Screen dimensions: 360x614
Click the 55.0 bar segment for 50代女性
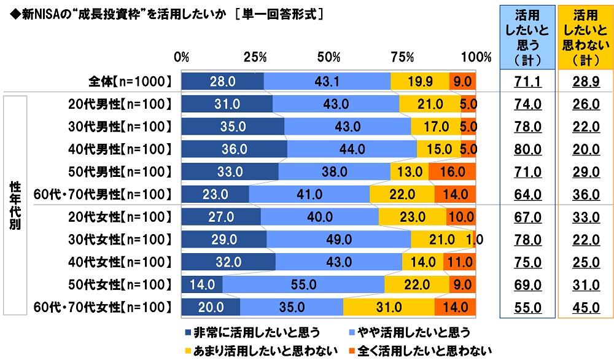[x=304, y=284]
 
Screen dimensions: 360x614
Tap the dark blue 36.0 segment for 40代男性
[x=234, y=149]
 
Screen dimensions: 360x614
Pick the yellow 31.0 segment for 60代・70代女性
[x=389, y=307]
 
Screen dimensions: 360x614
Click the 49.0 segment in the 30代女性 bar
[x=338, y=239]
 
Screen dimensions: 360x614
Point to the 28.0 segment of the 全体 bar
[x=222, y=80]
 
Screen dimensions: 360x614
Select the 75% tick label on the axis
[x=402, y=57]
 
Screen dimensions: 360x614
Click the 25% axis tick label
[x=255, y=57]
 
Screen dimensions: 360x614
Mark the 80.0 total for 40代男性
[x=528, y=149]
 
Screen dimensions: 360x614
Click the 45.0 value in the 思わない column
[x=586, y=308]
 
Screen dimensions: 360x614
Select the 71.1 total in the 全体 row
[x=528, y=81]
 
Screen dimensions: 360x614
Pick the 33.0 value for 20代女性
[x=586, y=217]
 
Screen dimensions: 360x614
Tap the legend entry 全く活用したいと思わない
[x=424, y=351]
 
